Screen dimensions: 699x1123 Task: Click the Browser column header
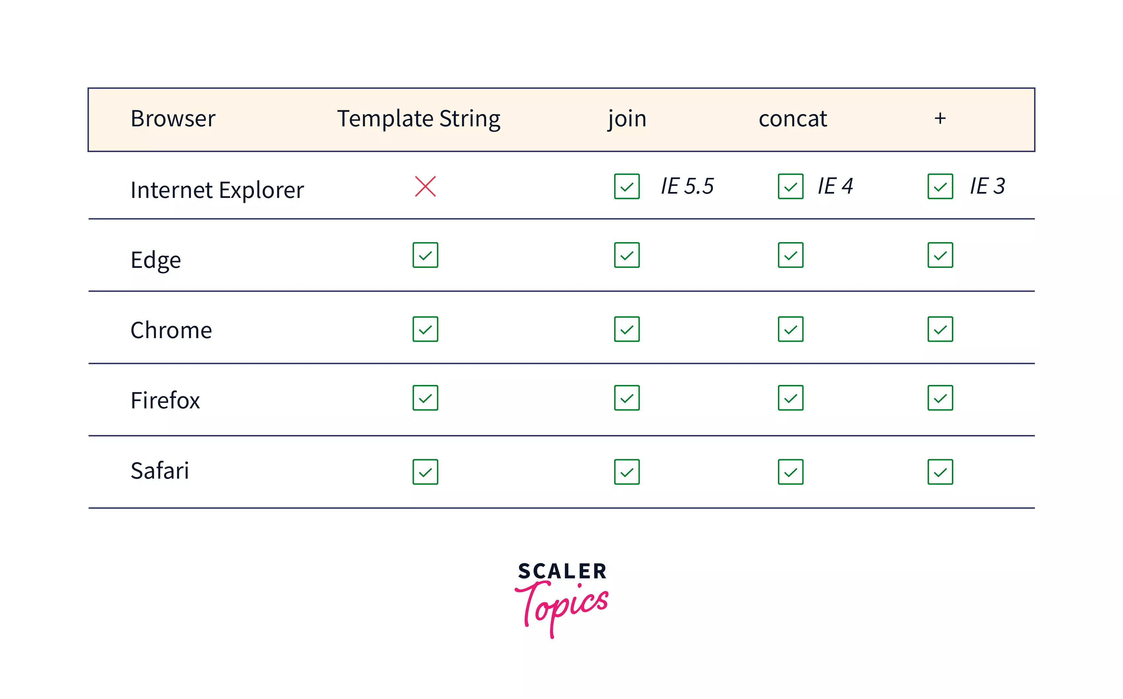click(173, 119)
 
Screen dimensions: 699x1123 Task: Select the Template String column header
click(418, 119)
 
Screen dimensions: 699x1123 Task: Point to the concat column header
click(792, 119)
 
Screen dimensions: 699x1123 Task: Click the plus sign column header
click(940, 118)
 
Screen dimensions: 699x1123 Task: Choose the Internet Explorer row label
click(217, 190)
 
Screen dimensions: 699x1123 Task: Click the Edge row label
click(156, 260)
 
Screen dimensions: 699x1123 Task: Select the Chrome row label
click(171, 330)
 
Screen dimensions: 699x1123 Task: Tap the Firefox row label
click(165, 400)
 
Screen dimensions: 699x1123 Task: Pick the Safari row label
click(159, 471)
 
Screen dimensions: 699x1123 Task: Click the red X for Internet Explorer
click(425, 186)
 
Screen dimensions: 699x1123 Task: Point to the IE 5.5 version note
click(687, 186)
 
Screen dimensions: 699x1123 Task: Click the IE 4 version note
click(835, 186)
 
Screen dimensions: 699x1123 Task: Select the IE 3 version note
click(987, 186)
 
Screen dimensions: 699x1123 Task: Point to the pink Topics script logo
click(562, 606)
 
